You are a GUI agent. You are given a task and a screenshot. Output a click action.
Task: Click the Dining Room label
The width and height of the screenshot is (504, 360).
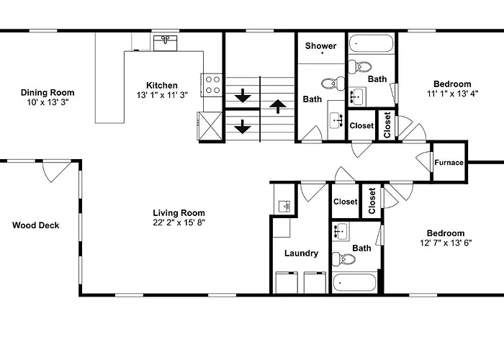coord(48,93)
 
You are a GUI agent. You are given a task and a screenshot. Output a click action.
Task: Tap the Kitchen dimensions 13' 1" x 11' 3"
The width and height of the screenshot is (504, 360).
coord(162,95)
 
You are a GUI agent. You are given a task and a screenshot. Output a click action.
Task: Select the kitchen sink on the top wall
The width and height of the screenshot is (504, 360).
coord(165,43)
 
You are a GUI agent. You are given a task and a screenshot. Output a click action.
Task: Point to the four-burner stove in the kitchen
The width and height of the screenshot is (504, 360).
coord(212,85)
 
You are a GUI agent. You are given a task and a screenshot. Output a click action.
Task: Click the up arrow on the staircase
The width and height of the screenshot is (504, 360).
coord(278,106)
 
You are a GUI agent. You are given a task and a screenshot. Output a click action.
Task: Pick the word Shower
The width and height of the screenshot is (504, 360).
coord(321,45)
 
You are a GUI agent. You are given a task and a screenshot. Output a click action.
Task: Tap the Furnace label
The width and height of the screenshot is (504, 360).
coord(449,163)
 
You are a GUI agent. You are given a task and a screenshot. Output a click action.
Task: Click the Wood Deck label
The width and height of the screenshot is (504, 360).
coord(36,225)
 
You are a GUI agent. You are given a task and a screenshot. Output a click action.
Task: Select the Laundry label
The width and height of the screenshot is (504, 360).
coord(301,253)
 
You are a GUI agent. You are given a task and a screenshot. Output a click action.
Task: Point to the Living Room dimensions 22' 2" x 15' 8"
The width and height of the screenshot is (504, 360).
coord(179,222)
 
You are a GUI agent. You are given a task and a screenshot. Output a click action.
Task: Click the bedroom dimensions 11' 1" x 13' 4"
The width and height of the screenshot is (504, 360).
coord(453,94)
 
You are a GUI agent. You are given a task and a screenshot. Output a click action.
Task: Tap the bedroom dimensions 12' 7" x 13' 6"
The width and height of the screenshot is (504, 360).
coord(446,243)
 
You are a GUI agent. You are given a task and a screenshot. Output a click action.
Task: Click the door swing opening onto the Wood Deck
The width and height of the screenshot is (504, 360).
coord(57,171)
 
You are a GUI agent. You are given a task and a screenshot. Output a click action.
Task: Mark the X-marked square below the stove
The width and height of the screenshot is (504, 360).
coord(210,126)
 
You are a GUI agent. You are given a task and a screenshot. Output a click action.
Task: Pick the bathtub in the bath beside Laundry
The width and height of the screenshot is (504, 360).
coord(354,283)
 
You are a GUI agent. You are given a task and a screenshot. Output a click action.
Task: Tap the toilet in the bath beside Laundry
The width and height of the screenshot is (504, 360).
coord(343,258)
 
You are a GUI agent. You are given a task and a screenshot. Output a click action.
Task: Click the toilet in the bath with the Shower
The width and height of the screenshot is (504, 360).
coord(333,84)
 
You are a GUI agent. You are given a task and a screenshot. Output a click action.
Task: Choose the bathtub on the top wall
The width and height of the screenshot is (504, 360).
coord(372,43)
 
